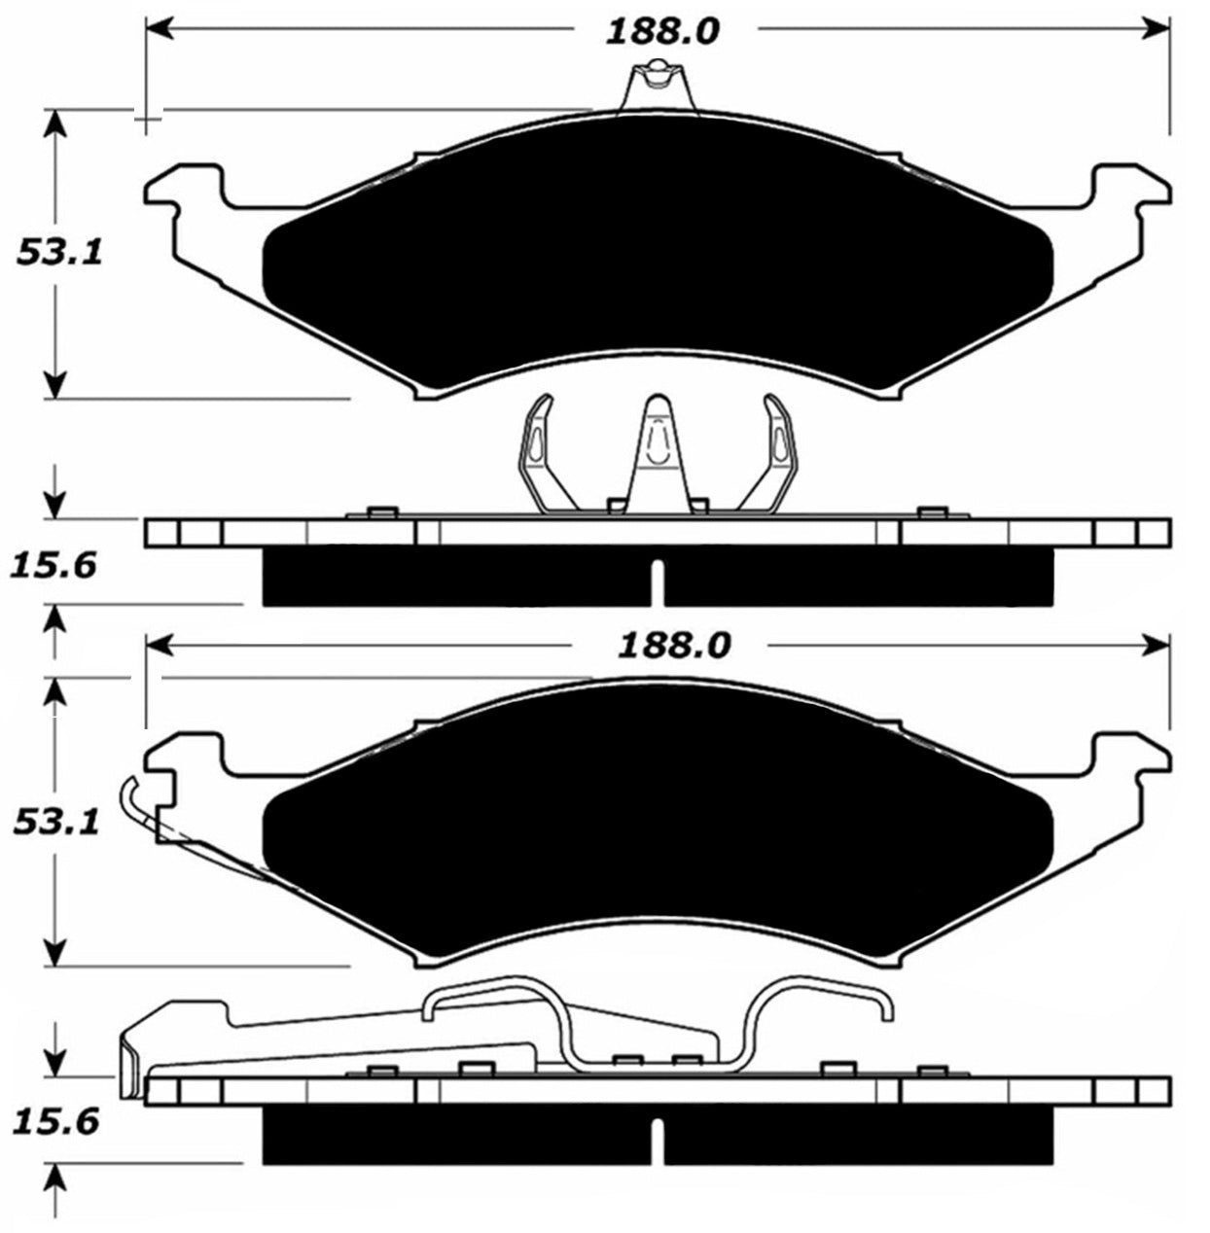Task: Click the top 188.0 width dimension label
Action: tap(662, 30)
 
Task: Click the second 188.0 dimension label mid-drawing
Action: tap(673, 645)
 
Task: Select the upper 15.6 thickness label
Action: tap(54, 565)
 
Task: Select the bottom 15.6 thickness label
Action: tap(56, 1123)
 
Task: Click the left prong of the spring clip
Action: tap(538, 447)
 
